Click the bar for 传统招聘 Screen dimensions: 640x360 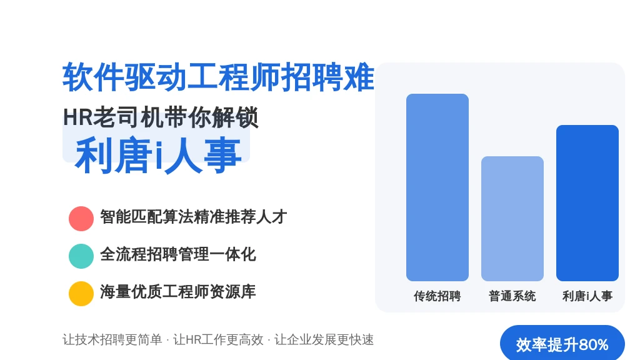click(437, 187)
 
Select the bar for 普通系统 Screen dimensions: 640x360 click(512, 219)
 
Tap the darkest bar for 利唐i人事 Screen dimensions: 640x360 click(587, 203)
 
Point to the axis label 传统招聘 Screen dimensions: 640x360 click(437, 296)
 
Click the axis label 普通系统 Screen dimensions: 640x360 click(512, 296)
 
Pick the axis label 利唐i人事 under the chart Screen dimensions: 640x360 click(587, 296)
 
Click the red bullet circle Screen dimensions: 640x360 click(81, 219)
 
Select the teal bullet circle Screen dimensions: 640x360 click(81, 256)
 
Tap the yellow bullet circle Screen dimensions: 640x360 click(81, 294)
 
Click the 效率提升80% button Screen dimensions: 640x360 click(562, 344)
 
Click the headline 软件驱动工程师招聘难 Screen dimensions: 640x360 click(218, 77)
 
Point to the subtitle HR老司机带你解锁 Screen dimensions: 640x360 click(161, 117)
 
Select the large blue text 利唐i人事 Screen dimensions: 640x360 click(158, 156)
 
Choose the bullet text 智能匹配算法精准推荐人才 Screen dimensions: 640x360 click(194, 217)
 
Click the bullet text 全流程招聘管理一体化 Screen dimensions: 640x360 click(178, 254)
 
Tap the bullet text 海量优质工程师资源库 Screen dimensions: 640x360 click(178, 292)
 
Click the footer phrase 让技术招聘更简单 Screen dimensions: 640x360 click(112, 339)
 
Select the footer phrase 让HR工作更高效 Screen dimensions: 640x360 click(218, 339)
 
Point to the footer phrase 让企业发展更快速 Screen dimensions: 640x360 click(324, 339)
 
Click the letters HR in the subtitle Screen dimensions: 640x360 click(78, 117)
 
